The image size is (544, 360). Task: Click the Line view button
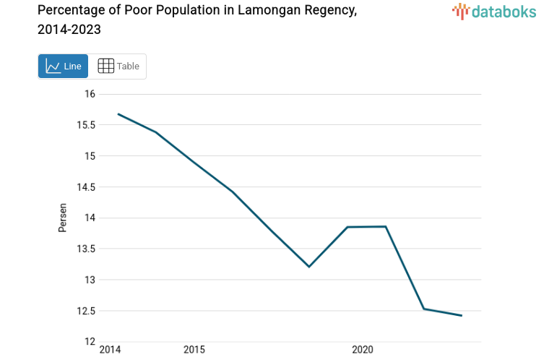point(63,66)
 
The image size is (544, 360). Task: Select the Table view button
point(118,66)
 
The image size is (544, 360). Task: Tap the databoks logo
point(494,11)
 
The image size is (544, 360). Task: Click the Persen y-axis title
point(62,218)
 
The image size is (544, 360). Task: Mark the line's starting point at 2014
point(118,113)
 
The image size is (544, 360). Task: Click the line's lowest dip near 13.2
point(309,267)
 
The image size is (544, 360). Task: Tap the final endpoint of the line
point(462,316)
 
